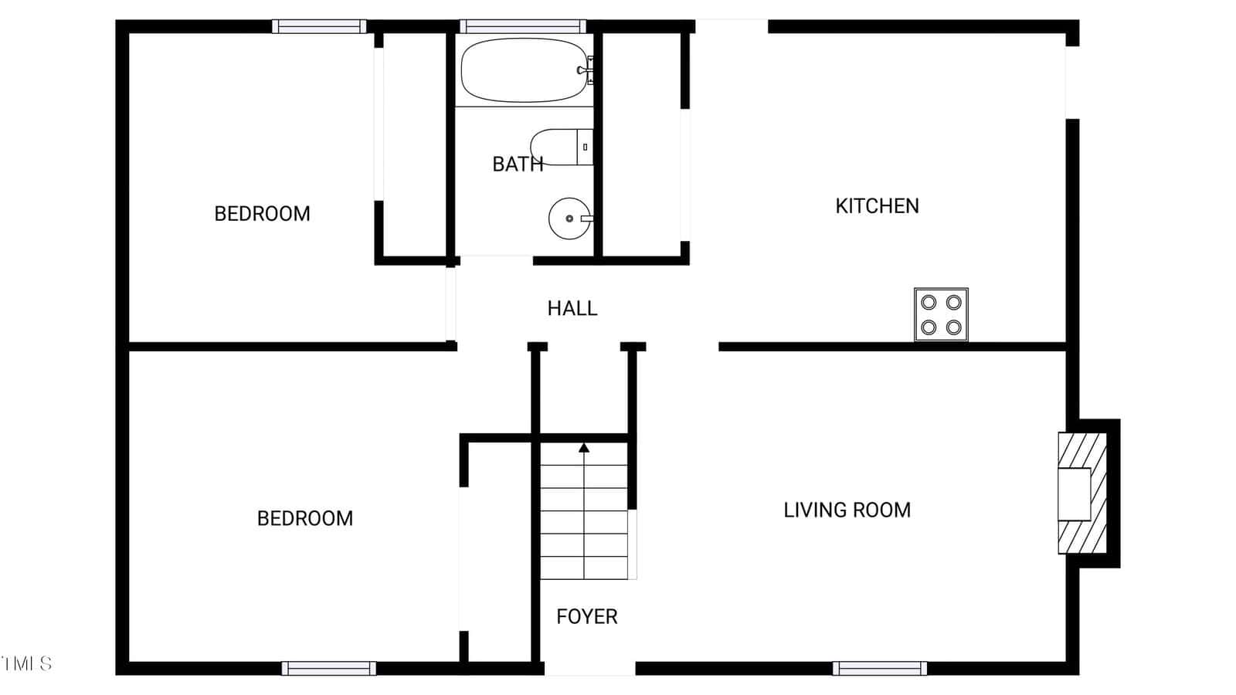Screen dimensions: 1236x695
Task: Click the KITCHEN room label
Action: point(877,206)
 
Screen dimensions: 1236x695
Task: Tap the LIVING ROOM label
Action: point(847,510)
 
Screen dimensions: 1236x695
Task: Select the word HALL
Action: point(572,308)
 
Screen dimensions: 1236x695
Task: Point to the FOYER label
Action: point(586,617)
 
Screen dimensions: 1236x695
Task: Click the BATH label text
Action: point(518,164)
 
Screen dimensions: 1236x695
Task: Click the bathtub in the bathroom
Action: point(525,70)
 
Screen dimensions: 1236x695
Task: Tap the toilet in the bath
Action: point(562,147)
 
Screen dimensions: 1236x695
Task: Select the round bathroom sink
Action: point(570,219)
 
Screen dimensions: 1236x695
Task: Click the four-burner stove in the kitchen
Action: point(941,314)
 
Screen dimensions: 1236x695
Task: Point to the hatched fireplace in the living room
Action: point(1082,493)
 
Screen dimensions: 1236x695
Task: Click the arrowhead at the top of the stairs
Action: point(584,448)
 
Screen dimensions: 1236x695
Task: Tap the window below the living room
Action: point(880,668)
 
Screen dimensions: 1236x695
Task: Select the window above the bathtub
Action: point(523,26)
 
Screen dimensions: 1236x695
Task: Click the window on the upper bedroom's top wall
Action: point(319,26)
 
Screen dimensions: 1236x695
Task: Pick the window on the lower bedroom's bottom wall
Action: point(329,668)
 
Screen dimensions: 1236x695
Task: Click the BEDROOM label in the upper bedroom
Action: point(262,214)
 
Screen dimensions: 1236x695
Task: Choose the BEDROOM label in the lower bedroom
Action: point(304,518)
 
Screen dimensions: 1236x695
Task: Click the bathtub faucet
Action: point(585,70)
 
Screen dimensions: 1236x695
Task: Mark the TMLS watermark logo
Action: point(26,663)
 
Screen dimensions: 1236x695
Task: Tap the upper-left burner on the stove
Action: point(929,302)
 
